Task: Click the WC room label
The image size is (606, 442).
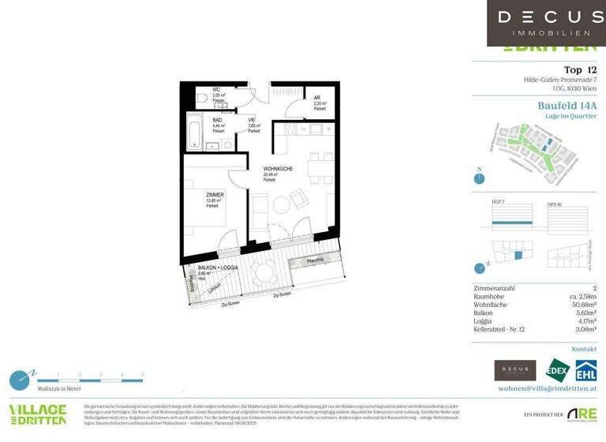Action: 216,90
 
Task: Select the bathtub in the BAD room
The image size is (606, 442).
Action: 194,131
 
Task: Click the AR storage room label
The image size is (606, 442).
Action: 316,98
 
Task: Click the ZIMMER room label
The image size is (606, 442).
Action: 215,194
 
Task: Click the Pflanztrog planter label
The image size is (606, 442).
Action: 316,260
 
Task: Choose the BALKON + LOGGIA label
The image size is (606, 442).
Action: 218,268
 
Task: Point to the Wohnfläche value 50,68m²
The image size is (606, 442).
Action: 580,305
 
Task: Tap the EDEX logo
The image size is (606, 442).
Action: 557,370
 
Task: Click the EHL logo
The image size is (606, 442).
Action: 585,370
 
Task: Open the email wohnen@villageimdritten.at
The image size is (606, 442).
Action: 547,388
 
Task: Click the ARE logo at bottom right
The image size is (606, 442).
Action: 582,414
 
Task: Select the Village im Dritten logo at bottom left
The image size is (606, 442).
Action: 38,414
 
